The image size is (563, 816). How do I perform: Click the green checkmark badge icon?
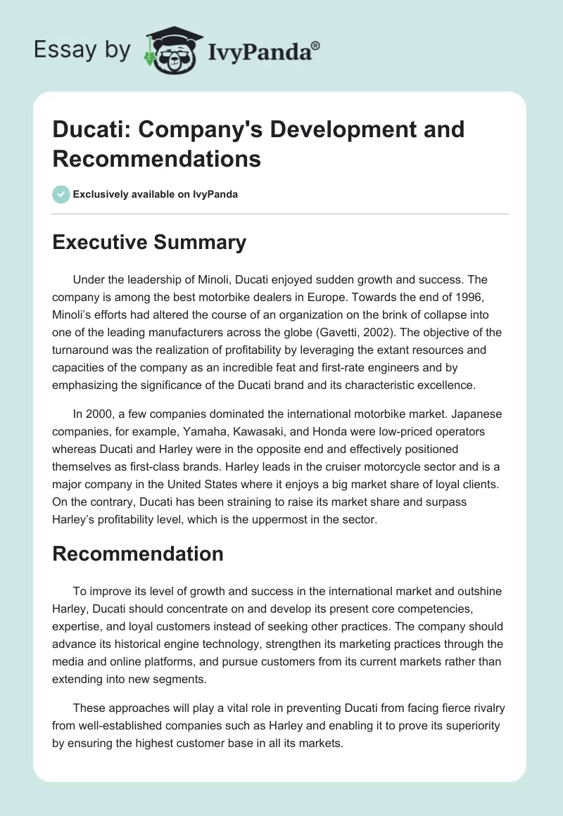(61, 194)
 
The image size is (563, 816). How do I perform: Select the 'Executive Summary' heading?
(149, 243)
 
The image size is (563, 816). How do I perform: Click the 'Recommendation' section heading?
(138, 554)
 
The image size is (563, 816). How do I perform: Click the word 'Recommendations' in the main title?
(157, 159)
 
